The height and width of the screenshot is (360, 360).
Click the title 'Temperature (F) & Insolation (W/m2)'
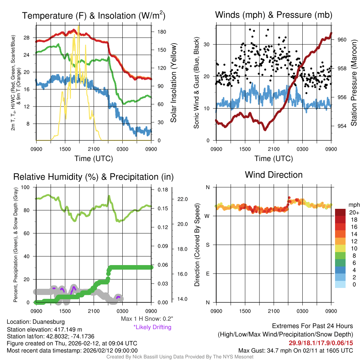point(94,16)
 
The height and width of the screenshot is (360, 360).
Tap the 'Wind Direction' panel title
point(274,175)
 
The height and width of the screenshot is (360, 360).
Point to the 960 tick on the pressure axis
point(342,40)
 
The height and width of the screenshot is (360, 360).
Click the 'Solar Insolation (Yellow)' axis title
point(173,83)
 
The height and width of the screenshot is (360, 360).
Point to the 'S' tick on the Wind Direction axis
point(207,245)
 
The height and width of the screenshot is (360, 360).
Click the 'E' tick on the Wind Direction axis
point(207,274)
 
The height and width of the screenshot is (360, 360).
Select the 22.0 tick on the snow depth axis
point(183,199)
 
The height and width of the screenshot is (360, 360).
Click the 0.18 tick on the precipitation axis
point(161,190)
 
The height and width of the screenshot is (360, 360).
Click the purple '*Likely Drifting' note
point(152,327)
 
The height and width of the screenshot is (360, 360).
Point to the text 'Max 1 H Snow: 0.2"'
point(147,319)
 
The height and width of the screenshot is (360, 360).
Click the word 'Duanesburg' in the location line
point(49,322)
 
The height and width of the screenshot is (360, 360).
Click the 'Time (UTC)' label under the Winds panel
point(274,159)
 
